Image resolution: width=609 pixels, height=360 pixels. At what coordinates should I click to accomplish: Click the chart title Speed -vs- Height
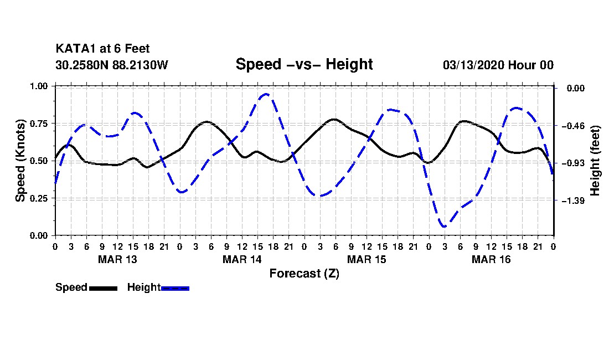click(304, 64)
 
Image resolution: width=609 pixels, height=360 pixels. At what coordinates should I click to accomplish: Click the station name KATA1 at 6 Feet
click(102, 49)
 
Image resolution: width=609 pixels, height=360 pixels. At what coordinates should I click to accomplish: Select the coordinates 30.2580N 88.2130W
click(111, 65)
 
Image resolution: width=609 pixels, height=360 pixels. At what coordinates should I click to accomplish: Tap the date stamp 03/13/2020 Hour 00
click(498, 65)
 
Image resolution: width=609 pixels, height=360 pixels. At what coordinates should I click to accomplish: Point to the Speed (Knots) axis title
click(20, 161)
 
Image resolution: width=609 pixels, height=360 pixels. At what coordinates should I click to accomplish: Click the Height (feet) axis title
click(596, 161)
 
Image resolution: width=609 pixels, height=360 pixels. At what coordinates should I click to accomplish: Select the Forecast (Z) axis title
click(304, 273)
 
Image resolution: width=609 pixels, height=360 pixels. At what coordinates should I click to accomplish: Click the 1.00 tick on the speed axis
click(40, 86)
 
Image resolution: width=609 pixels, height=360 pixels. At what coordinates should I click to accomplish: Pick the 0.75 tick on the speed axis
click(40, 124)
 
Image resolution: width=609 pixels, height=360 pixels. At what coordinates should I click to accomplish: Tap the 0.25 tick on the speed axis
click(40, 198)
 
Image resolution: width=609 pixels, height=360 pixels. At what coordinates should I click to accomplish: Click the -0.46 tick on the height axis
click(573, 126)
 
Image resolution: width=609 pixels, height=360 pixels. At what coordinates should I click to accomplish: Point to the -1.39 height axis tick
click(573, 200)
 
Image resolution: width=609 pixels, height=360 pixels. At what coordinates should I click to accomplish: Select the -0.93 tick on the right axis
click(573, 163)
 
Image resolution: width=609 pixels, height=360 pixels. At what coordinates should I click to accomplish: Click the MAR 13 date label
click(117, 259)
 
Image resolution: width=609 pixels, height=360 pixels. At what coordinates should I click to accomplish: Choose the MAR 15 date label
click(367, 259)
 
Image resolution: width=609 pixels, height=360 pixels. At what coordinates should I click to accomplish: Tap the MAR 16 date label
click(491, 259)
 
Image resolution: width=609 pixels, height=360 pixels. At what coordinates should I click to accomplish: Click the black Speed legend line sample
click(103, 288)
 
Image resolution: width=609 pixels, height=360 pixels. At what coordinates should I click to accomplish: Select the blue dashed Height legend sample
click(175, 288)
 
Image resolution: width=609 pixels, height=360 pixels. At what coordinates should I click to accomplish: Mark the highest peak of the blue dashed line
click(266, 94)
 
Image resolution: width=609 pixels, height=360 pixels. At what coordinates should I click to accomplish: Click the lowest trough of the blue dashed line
click(444, 227)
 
